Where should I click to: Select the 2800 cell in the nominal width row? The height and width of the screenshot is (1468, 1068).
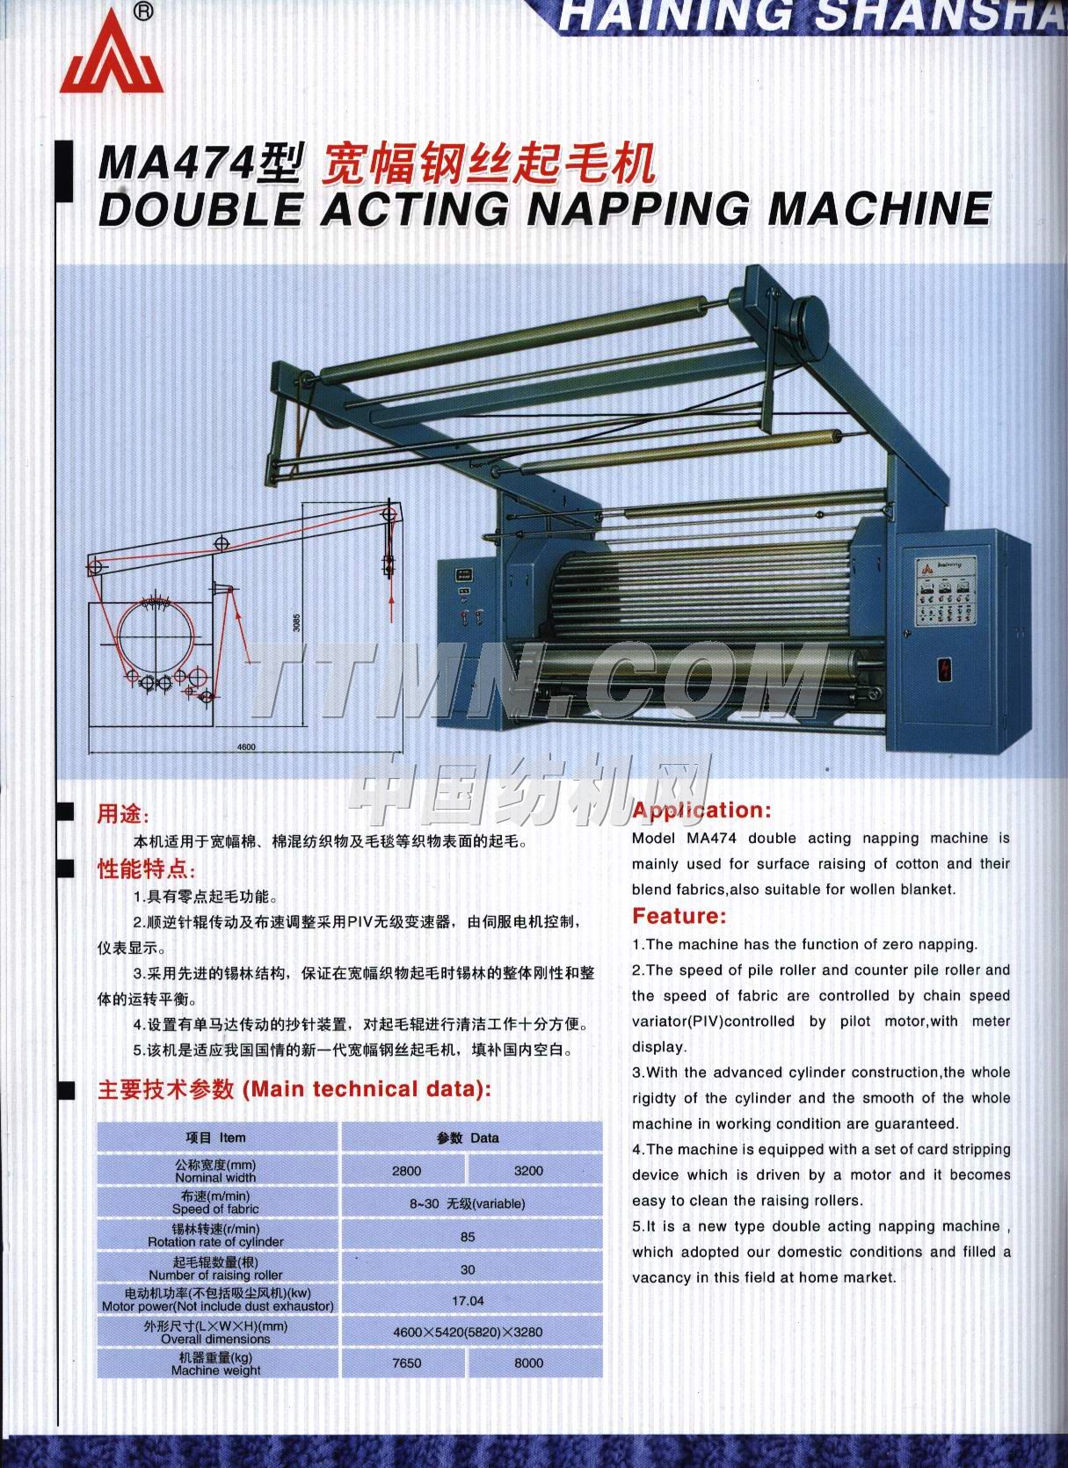click(406, 1171)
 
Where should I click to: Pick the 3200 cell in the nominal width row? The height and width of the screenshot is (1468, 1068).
click(528, 1171)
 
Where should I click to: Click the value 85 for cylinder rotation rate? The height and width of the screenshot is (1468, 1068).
click(468, 1237)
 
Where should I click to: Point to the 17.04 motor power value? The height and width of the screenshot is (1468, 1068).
click(468, 1300)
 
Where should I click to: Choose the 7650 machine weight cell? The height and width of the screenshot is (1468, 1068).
click(406, 1363)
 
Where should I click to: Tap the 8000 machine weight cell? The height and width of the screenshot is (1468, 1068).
click(528, 1363)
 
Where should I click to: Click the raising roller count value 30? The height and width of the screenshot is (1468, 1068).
click(468, 1269)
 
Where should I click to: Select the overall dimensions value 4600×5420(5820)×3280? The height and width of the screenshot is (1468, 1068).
click(468, 1332)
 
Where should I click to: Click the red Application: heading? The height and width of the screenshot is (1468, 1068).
click(701, 810)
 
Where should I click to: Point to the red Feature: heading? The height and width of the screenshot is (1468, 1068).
click(679, 916)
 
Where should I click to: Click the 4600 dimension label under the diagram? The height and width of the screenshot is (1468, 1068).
click(246, 746)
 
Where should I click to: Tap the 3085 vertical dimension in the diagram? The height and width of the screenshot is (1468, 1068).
click(297, 622)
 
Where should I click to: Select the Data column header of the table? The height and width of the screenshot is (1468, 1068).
click(469, 1137)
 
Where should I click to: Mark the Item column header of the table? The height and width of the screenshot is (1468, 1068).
click(216, 1137)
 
